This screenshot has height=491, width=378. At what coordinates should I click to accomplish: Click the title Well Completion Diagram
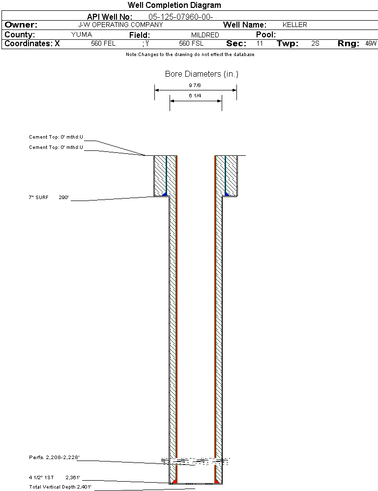tap(174, 5)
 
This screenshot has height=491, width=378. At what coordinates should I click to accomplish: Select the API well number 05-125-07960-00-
tap(181, 17)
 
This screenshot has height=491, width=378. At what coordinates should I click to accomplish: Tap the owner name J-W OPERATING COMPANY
tap(120, 25)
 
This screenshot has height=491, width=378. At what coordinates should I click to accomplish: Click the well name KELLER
tap(295, 25)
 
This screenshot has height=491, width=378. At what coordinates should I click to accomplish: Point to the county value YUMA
tap(82, 34)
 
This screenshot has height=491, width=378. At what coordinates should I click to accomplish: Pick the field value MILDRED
tap(205, 35)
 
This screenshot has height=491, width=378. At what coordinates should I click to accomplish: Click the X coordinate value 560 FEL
tap(103, 44)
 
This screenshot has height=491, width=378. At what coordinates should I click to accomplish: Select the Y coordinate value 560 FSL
tap(191, 44)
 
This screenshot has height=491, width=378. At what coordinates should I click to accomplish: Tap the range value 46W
tap(371, 44)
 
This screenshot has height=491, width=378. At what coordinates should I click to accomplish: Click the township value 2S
tap(316, 44)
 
